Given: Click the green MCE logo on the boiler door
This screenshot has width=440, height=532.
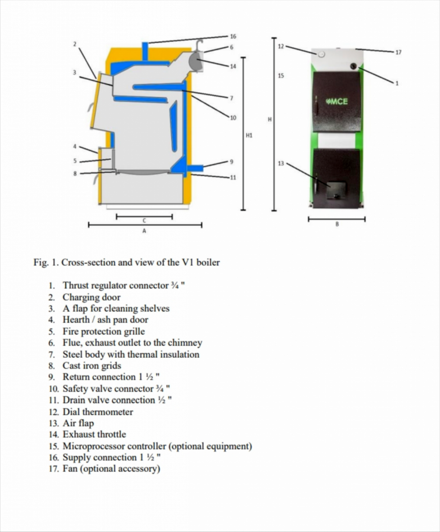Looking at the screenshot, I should [337, 102].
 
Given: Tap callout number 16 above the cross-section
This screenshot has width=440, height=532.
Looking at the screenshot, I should [233, 36].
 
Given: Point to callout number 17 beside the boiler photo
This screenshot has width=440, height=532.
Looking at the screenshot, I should [398, 52].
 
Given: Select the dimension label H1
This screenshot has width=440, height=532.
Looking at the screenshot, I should [249, 134].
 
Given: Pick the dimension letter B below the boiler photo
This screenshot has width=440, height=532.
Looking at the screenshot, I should [337, 224].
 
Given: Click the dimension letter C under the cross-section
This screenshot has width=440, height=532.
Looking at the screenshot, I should [144, 220].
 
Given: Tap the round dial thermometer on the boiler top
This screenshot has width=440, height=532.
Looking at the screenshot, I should [322, 54].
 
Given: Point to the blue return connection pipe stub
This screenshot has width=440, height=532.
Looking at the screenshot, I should [195, 168].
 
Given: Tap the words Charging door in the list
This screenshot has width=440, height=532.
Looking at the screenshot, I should [91, 297].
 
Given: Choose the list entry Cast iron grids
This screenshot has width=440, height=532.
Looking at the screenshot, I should [92, 366].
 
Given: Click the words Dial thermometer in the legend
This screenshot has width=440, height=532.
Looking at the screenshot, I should [97, 412].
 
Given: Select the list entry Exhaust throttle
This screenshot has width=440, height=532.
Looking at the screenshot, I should [94, 434].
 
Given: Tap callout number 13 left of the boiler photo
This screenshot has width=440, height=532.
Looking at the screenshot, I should [281, 163].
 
